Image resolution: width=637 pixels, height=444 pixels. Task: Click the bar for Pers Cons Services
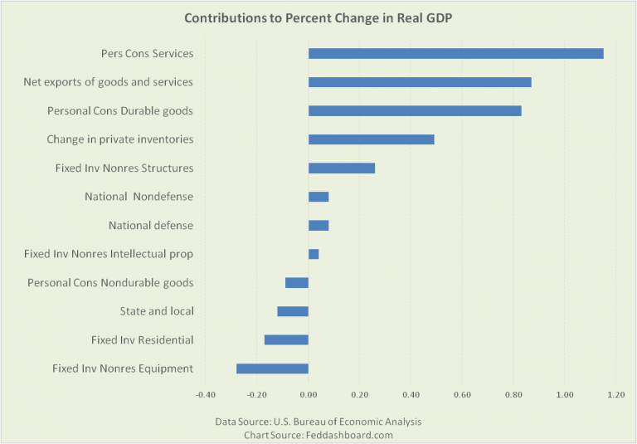455,54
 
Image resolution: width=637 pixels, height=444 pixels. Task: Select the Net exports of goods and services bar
420,82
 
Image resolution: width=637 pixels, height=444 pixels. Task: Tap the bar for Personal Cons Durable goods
415,110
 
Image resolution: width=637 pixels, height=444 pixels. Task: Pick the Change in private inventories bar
371,139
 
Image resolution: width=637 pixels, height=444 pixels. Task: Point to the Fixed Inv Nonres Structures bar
342,168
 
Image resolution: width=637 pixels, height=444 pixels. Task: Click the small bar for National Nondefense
318,197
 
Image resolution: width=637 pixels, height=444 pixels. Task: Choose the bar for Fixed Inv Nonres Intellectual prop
314,254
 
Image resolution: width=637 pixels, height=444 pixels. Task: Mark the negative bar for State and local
293,311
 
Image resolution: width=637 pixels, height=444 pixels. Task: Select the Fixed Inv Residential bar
286,339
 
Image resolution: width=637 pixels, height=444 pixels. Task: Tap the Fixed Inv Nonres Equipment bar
272,368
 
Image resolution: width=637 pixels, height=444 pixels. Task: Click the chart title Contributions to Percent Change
318,17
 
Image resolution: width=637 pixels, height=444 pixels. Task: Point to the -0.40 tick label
206,394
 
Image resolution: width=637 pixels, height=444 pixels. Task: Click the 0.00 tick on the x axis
309,394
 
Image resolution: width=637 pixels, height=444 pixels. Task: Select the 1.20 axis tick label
615,394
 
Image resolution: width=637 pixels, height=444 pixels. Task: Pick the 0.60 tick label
462,394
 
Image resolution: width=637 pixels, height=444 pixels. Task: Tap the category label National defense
151,225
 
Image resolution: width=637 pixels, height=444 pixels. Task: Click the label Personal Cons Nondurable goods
110,282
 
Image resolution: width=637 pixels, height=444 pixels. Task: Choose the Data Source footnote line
318,422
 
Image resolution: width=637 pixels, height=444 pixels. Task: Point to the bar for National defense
318,225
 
